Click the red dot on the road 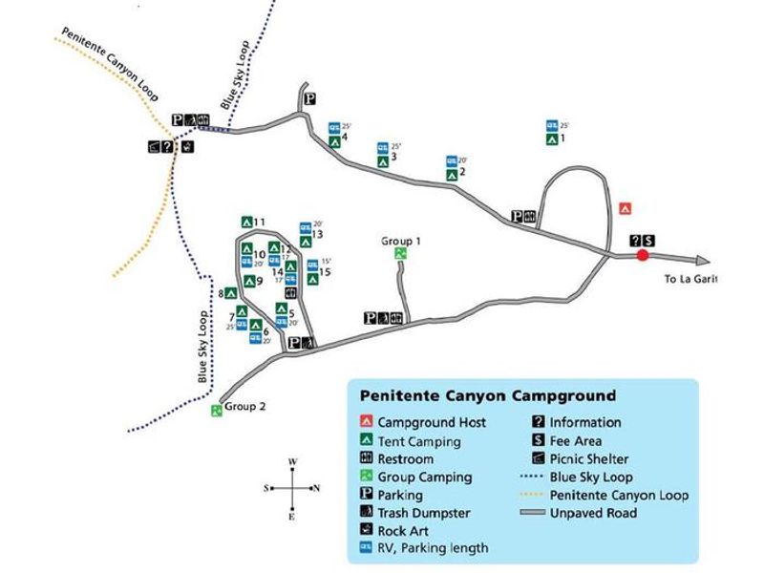click(643, 255)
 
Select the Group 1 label click(401, 241)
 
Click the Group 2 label click(244, 406)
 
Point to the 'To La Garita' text click(690, 279)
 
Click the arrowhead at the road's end click(705, 259)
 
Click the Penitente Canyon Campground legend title click(487, 394)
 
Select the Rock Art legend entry click(402, 530)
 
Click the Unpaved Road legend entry click(593, 513)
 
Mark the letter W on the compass click(293, 462)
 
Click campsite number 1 click(562, 139)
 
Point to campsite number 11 click(258, 222)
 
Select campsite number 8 click(222, 294)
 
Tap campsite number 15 click(325, 272)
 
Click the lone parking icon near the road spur click(309, 99)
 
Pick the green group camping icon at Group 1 click(400, 254)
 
